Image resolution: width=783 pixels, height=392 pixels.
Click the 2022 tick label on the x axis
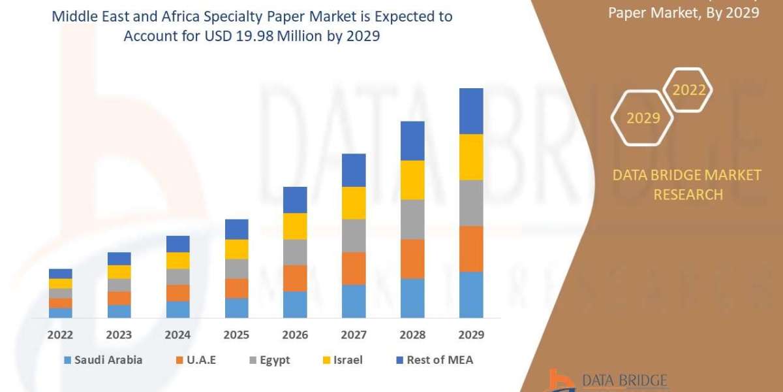pos(60,335)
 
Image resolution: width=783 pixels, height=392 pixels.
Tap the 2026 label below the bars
pos(295,335)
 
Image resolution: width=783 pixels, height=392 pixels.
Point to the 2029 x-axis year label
pos(471,335)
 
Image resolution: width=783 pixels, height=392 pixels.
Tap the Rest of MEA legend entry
pos(434,360)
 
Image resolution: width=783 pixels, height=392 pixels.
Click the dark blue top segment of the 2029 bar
pos(471,111)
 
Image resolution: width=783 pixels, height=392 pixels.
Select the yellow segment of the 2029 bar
pos(471,157)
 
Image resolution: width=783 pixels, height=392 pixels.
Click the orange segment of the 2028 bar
pos(412,259)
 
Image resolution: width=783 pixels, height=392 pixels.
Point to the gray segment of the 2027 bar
pos(354,236)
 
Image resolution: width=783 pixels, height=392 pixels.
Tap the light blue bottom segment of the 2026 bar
pos(295,304)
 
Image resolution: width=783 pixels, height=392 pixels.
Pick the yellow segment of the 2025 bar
pos(236,249)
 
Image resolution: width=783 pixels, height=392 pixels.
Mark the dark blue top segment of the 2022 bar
pos(60,273)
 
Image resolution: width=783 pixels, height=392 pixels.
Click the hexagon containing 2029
pos(642,118)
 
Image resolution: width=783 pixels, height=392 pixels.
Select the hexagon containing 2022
pos(688,90)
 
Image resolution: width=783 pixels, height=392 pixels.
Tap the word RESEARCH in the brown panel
pos(688,195)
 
